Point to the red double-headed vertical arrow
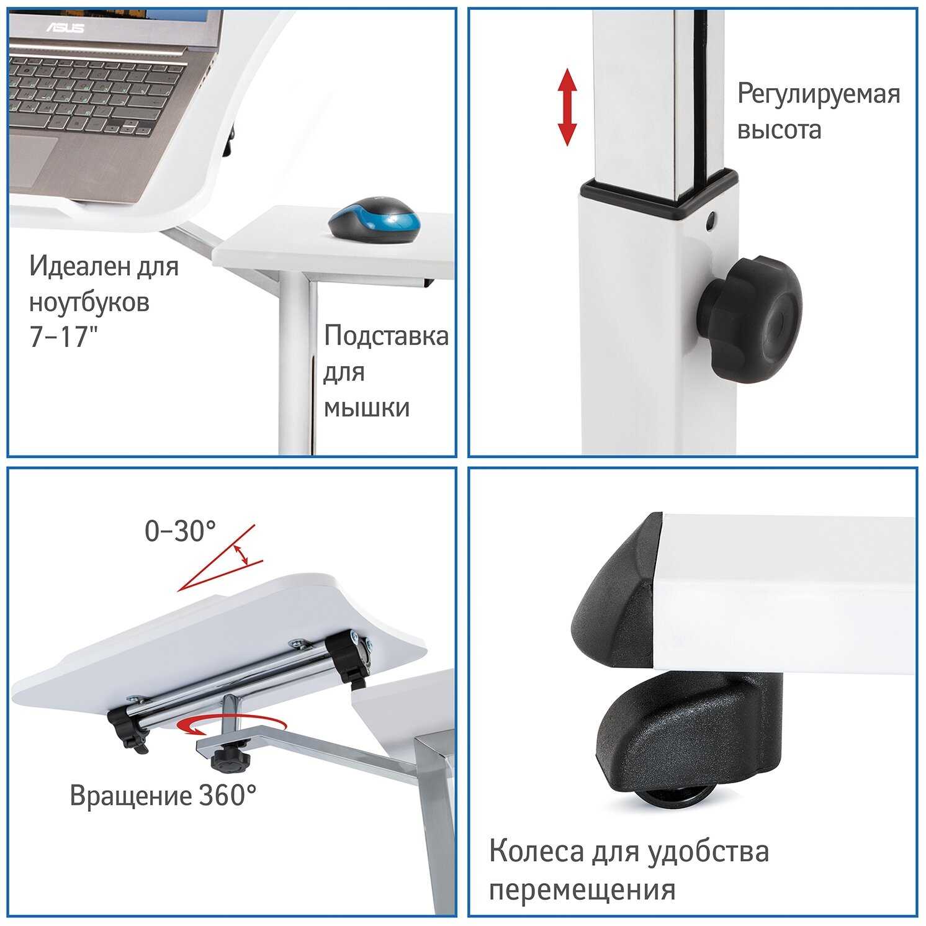tap(567, 107)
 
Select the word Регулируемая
tap(819, 94)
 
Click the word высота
tap(779, 130)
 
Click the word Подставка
tap(386, 336)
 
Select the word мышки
tap(367, 408)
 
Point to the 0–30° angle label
tap(180, 531)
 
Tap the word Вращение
tap(130, 796)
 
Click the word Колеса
tap(535, 852)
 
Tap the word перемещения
tap(582, 890)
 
